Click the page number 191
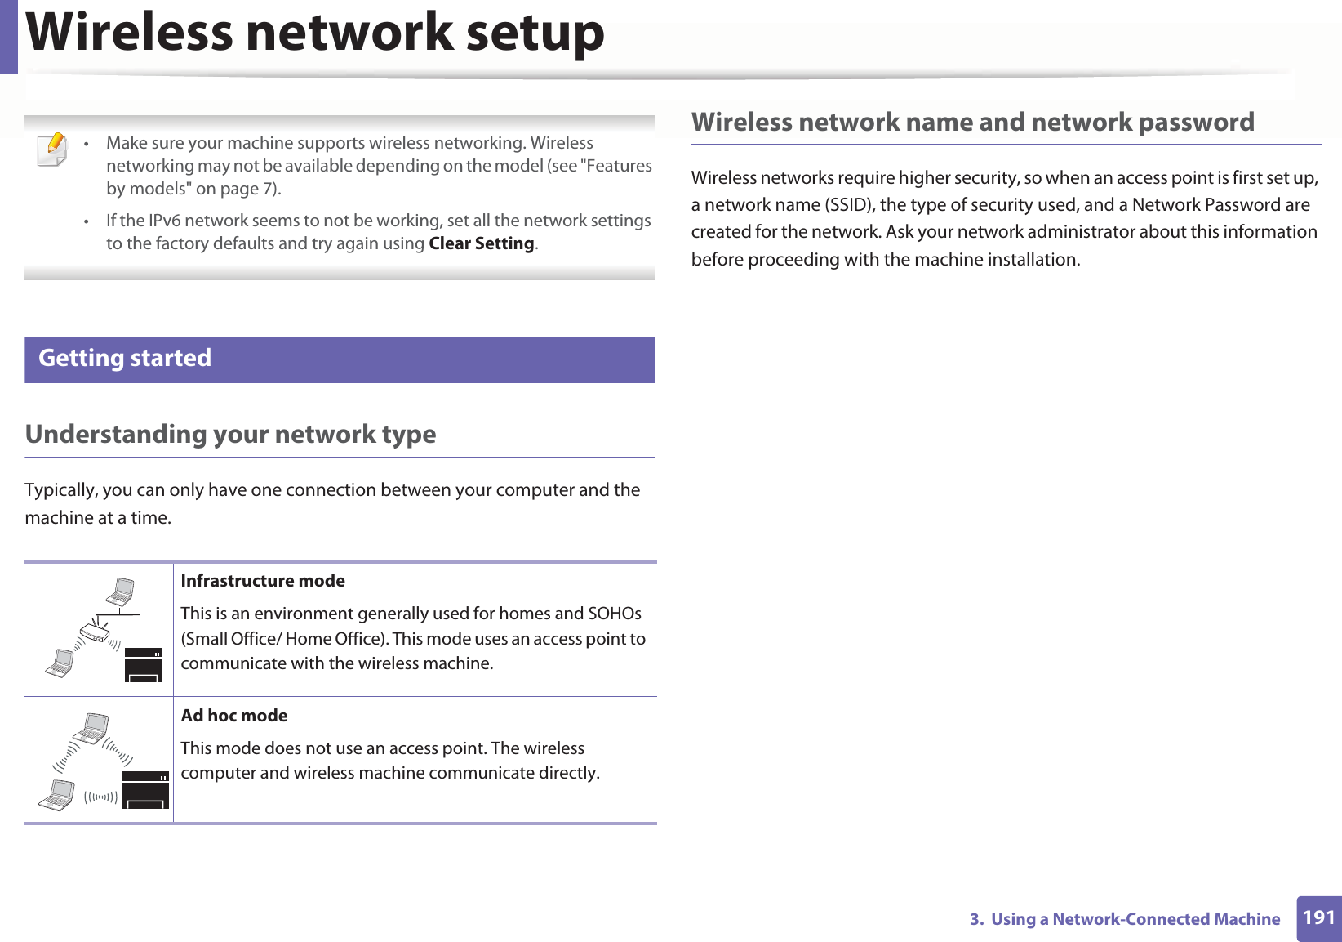1318,917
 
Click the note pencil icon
53,150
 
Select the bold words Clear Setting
482,243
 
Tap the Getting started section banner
340,359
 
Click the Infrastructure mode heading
263,581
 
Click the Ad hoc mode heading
234,716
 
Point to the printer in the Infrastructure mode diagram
144,664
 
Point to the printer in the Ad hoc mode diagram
145,790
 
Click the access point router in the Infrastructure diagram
96,632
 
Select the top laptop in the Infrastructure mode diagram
122,591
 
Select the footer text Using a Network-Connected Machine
1135,919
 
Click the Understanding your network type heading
231,434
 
